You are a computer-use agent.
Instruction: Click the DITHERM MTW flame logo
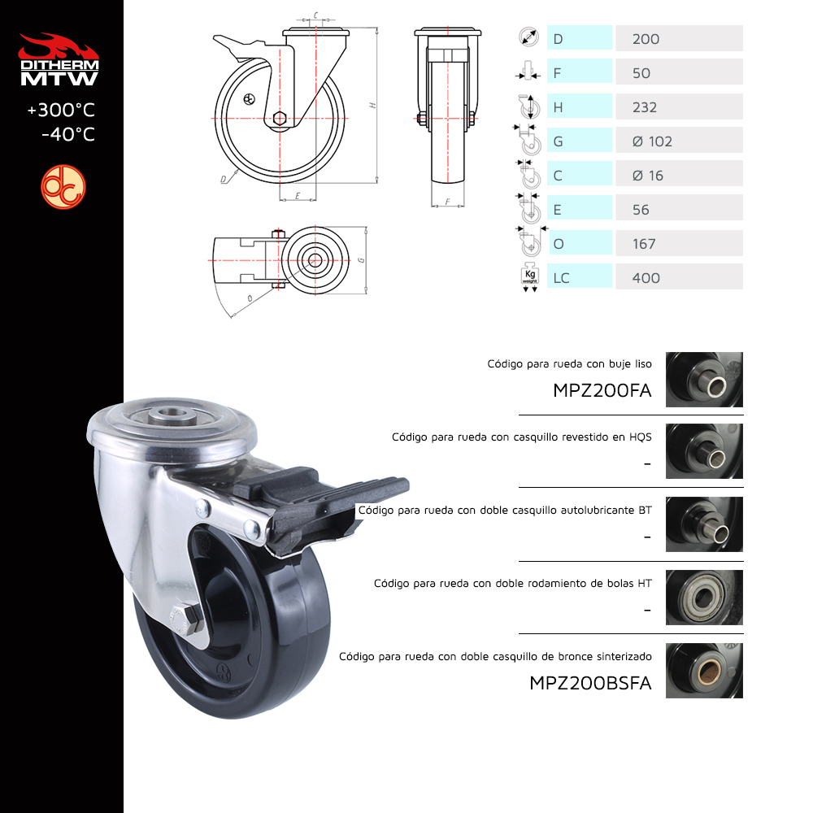click(x=59, y=59)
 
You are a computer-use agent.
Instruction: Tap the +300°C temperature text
click(x=61, y=110)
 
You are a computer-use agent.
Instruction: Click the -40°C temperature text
click(x=68, y=134)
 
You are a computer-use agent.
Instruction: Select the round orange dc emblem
click(x=63, y=187)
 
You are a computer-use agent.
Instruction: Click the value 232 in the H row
click(x=645, y=107)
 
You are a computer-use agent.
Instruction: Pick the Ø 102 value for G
click(x=652, y=141)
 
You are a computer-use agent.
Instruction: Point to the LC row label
click(x=561, y=278)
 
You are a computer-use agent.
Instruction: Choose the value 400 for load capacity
click(x=646, y=278)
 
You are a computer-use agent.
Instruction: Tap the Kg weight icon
click(x=530, y=277)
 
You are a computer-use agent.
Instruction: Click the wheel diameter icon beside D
click(x=529, y=37)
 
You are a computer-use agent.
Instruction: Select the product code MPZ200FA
click(x=602, y=390)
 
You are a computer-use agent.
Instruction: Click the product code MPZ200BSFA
click(x=590, y=683)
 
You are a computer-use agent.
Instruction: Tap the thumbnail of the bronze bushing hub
click(x=704, y=671)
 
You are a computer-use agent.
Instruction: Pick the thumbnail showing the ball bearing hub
click(x=704, y=598)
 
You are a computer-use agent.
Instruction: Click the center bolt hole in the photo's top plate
click(x=171, y=414)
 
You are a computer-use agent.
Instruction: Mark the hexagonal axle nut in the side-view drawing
click(x=280, y=119)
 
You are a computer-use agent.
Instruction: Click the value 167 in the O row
click(x=644, y=244)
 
